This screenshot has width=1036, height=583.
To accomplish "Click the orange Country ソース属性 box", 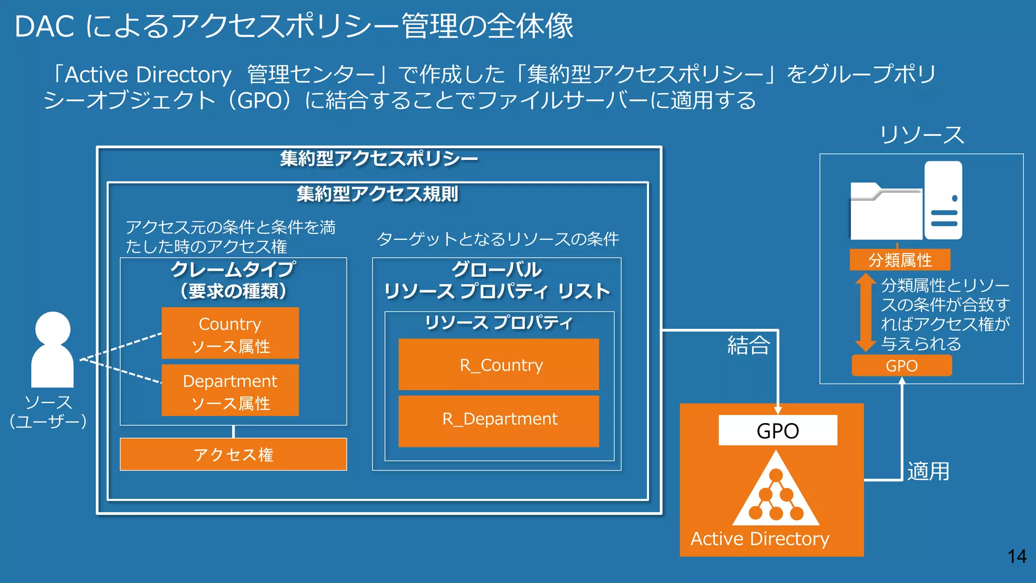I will (230, 333).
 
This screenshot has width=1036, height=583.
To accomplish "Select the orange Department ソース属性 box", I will (230, 390).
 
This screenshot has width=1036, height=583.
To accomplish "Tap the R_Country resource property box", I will (499, 364).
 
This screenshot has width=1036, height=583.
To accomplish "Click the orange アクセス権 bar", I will (233, 454).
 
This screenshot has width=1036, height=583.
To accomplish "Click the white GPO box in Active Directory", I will (778, 431).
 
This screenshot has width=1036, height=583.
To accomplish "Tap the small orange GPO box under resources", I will (901, 365).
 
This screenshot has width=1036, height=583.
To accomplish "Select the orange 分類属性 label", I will (900, 260).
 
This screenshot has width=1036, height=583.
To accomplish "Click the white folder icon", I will (885, 212).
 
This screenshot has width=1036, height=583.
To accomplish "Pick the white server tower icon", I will (943, 200).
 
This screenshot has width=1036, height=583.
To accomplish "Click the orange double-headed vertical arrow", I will (866, 312).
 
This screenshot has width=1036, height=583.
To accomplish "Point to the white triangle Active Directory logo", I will (776, 490).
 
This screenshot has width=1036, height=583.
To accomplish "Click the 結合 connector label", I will (749, 345).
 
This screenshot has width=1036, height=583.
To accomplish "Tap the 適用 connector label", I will (928, 471).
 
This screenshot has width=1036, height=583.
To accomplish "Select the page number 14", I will (1017, 557).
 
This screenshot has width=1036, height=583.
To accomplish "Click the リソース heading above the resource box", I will (922, 135).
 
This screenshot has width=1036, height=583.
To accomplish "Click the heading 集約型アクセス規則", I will (377, 194).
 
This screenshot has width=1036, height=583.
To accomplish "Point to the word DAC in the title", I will (45, 26).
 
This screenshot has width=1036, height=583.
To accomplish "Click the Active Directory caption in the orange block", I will (760, 539).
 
